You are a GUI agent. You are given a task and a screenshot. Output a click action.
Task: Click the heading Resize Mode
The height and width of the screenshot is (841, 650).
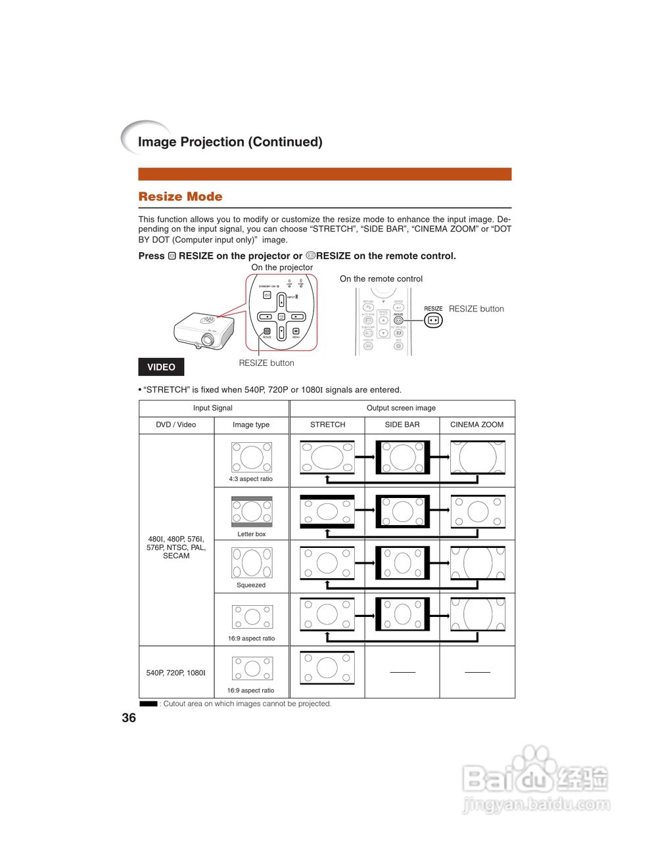pos(180,196)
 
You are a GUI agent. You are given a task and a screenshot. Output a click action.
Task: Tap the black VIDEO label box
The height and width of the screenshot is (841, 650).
pos(161,367)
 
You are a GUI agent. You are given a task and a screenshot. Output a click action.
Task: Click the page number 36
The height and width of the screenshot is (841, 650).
pos(129,717)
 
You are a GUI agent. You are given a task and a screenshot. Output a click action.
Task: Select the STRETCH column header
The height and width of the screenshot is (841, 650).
pos(327,424)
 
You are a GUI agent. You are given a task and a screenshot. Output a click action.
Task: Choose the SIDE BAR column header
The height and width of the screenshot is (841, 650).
pos(402,424)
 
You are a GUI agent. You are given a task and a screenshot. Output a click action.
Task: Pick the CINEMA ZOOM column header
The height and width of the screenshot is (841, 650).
pos(476,424)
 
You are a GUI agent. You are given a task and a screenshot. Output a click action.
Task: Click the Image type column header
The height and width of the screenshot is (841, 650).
pos(251,424)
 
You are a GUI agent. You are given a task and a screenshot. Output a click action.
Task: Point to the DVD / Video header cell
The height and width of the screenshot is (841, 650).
pos(176,424)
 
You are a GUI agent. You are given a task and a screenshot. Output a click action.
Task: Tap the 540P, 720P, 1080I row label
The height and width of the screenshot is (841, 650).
pos(176,673)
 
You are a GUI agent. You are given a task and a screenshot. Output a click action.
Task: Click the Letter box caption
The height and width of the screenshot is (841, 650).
pos(251,534)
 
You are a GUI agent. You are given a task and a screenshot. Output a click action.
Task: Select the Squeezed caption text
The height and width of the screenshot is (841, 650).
pos(251,585)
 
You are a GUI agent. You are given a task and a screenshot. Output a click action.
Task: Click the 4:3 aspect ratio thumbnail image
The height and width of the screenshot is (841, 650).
pos(251,457)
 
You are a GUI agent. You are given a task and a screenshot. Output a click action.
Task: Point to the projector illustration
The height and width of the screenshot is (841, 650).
pos(204,330)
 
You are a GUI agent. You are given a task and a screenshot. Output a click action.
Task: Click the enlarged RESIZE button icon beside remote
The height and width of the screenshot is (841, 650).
pos(433,321)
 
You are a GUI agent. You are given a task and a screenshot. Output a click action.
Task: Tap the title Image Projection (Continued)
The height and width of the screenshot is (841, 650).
pos(230,142)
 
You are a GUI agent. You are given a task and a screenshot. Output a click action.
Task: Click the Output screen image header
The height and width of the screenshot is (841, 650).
pos(401,408)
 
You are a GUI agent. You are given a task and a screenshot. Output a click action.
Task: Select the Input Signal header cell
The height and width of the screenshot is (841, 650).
pos(212,408)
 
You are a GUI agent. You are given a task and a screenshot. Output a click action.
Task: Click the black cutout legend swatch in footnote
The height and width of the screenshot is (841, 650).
pos(149,704)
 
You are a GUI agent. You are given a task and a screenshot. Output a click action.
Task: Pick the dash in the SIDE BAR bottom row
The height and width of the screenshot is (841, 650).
pos(403,672)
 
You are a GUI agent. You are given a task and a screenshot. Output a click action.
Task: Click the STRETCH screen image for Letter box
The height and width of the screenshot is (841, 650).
pos(327,511)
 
